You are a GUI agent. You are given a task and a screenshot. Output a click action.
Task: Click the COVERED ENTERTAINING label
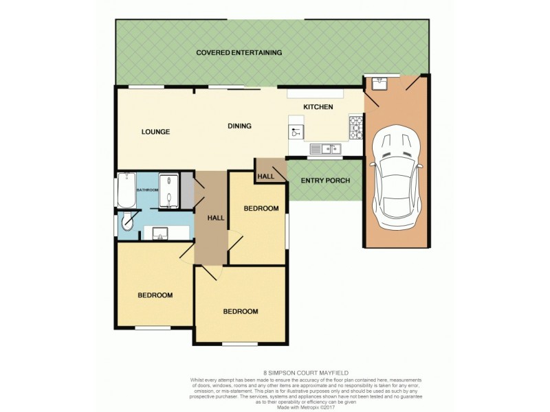coord(239,52)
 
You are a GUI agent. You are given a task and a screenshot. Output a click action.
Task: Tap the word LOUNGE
coord(155,132)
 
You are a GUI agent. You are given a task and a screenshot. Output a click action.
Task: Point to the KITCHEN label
coord(318,107)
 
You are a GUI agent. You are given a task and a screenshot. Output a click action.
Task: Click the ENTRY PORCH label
coord(325,181)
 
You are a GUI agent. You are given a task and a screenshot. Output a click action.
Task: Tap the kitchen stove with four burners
coord(357,126)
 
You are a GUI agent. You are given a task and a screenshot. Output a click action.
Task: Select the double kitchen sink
coord(324,148)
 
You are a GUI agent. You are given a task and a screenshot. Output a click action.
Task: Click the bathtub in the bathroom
coord(126,191)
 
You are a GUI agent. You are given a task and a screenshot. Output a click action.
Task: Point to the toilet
coord(127,222)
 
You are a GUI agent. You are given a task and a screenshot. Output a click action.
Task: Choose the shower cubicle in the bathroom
coord(168,192)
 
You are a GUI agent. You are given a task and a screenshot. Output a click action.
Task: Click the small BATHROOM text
coord(147,190)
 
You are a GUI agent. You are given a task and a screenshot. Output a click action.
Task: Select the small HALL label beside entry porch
coord(265,176)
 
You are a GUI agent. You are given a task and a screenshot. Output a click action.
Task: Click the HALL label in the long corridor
coord(216,218)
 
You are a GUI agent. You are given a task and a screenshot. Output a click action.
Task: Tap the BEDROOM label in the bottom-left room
coord(155,295)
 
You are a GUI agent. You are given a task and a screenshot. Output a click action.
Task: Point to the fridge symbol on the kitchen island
coord(296,131)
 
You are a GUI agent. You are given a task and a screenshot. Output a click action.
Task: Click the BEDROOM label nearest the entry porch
coord(261,208)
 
